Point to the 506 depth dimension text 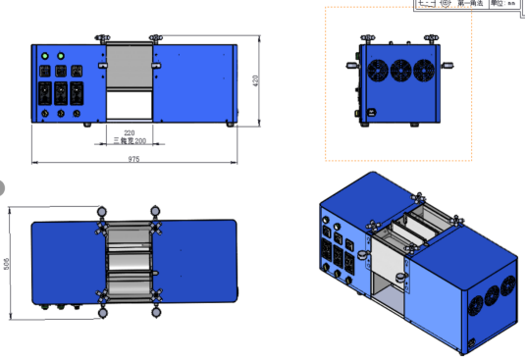click(7, 266)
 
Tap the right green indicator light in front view click(61, 57)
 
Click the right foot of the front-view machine click(231, 124)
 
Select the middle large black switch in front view click(61, 95)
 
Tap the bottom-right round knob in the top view click(154, 315)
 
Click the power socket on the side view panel click(372, 111)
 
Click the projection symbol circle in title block click(447, 4)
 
